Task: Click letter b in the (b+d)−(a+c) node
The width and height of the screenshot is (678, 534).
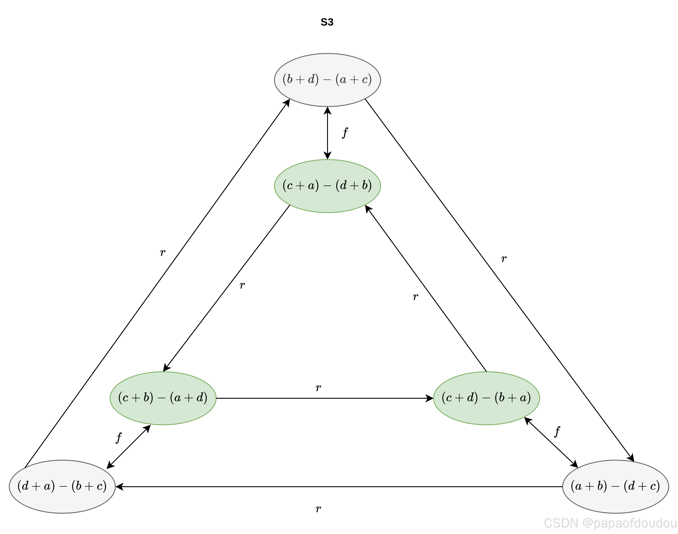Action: coord(289,79)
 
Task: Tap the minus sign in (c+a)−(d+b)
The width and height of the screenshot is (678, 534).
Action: coord(327,186)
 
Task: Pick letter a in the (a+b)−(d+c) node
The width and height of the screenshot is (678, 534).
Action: coord(578,486)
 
